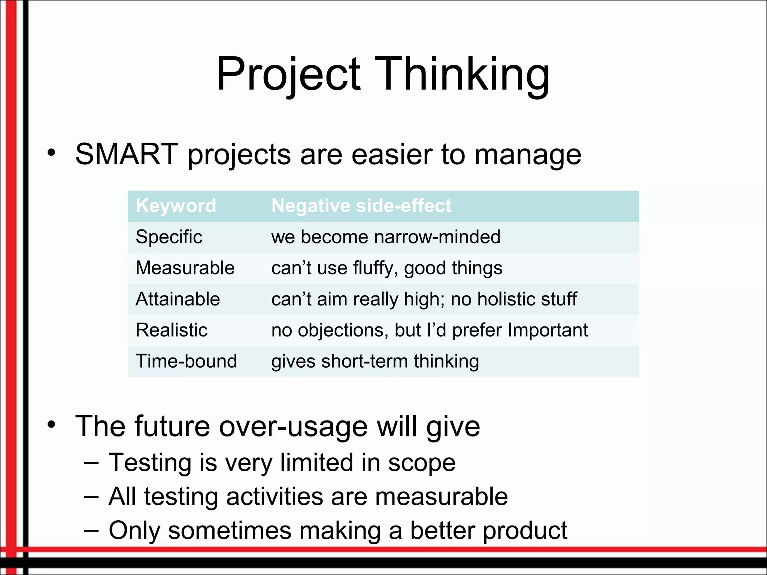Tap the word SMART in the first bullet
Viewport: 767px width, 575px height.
(127, 154)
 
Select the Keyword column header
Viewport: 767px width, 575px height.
(176, 206)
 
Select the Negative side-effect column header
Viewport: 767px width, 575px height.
(361, 206)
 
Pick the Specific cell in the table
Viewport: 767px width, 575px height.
(169, 237)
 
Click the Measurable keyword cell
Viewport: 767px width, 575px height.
(185, 268)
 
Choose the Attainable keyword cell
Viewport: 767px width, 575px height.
(178, 299)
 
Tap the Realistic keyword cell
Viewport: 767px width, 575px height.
(172, 330)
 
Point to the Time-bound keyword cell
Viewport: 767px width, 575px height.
(186, 361)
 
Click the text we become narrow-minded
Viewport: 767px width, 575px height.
(386, 237)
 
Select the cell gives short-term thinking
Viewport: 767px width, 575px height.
(375, 361)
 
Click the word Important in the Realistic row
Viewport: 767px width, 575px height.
(548, 330)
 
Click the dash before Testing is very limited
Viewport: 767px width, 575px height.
(91, 463)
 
